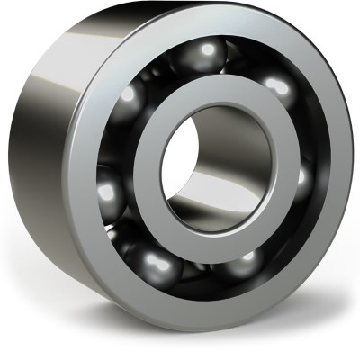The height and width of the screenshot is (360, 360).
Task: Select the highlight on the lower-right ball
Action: (246, 261)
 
